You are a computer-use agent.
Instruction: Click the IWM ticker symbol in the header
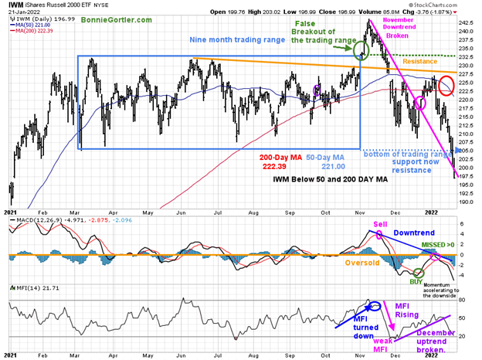[x=15, y=5]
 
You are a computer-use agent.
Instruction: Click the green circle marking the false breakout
[x=360, y=51]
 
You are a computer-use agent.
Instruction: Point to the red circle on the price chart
[x=446, y=87]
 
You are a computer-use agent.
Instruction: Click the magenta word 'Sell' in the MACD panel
[x=380, y=223]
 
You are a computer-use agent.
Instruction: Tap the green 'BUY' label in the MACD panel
[x=417, y=282]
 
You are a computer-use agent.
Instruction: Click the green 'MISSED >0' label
[x=440, y=244]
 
